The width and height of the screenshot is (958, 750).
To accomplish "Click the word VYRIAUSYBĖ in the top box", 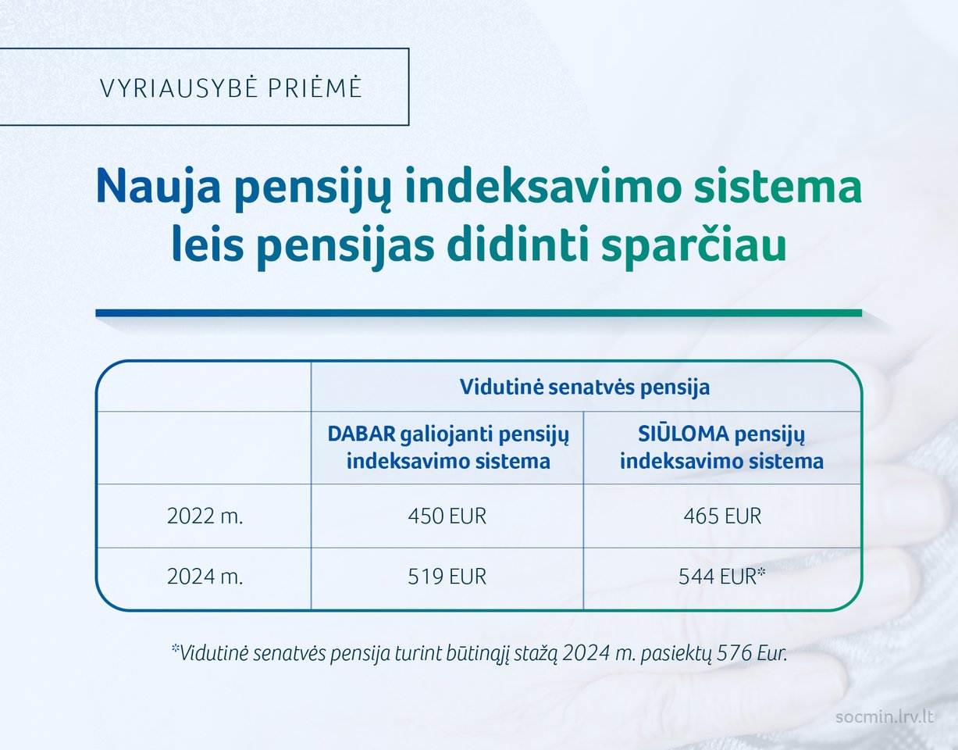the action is point(179,87).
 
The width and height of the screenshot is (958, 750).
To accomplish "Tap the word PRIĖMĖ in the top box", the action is point(315,87).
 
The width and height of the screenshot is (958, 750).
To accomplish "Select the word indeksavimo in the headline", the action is point(543,185).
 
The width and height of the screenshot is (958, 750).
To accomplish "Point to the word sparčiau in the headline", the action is point(694,245).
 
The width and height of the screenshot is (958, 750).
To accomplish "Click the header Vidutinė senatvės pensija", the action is point(585,387).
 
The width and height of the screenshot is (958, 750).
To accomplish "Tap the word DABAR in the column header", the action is point(361,434).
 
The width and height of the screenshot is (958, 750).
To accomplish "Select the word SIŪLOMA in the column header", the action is point(683,434).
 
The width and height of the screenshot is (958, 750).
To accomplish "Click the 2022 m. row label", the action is point(205,516).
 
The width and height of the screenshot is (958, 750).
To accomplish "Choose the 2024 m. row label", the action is point(205,577).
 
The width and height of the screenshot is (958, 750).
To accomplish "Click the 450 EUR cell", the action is point(447,516).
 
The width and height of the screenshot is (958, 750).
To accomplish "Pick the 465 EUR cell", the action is point(722,516).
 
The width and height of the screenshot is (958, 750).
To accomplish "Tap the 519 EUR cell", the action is point(447,577).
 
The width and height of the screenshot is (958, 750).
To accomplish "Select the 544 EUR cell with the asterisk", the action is point(722,576).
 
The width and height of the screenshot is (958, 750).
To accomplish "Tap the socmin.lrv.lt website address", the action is point(885,717).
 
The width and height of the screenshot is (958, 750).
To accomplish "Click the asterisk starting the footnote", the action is point(176,648).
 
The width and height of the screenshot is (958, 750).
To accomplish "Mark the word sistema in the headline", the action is point(778,185).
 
